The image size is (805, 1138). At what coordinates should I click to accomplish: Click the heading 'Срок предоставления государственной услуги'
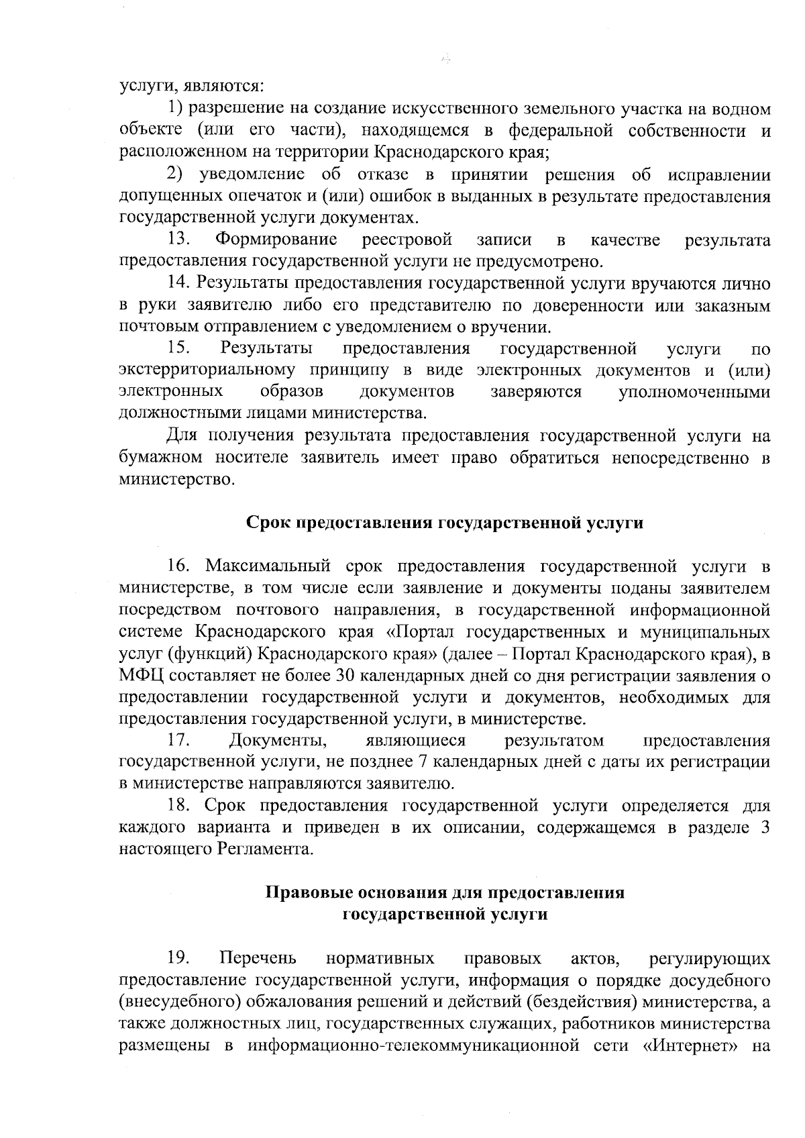445,523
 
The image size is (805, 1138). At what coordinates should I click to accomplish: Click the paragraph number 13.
178,240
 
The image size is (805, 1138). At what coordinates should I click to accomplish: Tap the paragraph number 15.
178,348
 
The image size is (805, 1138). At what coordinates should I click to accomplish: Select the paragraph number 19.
178,957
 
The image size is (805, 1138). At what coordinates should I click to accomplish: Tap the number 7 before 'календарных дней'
423,762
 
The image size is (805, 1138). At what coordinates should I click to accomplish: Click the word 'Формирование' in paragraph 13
276,240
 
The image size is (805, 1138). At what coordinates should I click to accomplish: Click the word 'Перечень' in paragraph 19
258,957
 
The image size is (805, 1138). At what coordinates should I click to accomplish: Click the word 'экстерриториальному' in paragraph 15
207,370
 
